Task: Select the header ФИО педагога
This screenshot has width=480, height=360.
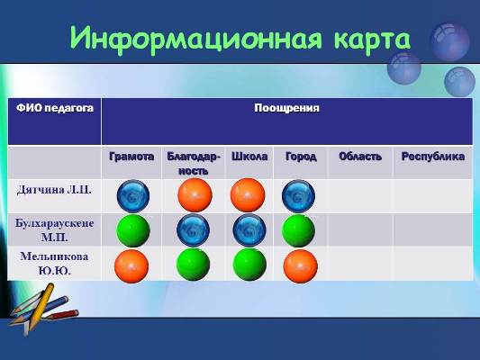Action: (x=55, y=108)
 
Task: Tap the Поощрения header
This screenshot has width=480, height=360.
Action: (x=287, y=108)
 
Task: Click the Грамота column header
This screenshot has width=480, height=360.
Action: (x=131, y=157)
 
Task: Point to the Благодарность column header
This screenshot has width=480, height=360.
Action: (x=194, y=164)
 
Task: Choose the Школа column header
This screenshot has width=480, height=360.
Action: (x=249, y=157)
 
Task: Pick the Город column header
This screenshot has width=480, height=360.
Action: (x=301, y=157)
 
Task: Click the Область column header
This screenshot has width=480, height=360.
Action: (x=360, y=157)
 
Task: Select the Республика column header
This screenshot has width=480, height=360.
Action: (x=433, y=157)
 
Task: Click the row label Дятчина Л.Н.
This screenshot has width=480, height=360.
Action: (x=54, y=190)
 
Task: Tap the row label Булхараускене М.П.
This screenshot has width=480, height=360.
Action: (x=55, y=230)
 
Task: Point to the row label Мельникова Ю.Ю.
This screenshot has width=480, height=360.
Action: (x=55, y=264)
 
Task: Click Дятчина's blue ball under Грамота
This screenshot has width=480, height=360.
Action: (x=133, y=196)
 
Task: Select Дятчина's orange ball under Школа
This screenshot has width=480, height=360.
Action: (x=248, y=195)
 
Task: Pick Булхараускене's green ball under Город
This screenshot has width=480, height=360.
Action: (x=298, y=230)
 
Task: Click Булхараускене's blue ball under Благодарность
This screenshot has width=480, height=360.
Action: (x=193, y=230)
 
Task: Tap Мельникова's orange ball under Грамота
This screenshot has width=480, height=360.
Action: (x=131, y=266)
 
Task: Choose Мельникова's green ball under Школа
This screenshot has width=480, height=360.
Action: (x=249, y=265)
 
